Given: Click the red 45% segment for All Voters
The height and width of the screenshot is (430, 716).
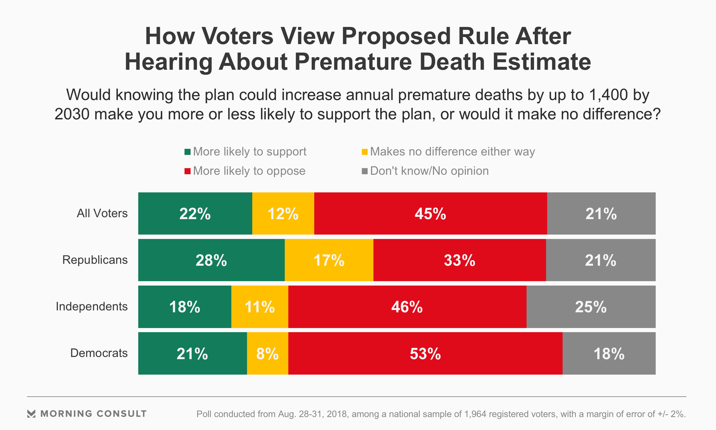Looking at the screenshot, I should pos(430,214).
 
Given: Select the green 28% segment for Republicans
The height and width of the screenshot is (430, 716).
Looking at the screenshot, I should pos(211,260).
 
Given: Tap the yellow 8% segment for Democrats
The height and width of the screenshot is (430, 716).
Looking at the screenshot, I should pos(267,353).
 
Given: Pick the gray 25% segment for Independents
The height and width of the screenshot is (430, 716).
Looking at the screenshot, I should pos(591,307).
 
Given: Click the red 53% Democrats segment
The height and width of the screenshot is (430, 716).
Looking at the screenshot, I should pos(425,353).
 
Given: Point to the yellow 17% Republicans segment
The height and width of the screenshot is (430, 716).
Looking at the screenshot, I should pos(329,260).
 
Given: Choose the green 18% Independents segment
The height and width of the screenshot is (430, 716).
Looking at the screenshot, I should pos(185,307).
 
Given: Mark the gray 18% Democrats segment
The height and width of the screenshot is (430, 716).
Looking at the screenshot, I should pos(609,353).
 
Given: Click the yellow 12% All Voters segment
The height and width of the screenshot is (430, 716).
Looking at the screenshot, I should pos(283,214).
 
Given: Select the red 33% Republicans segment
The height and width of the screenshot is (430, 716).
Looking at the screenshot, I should pos(459,260).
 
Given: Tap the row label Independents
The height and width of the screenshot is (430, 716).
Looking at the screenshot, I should pos(92,306).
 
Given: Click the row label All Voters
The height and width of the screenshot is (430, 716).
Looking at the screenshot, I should pos(102,213).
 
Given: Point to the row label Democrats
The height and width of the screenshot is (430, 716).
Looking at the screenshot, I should pos(99,353).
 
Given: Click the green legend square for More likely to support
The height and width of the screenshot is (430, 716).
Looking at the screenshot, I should pos(188,152).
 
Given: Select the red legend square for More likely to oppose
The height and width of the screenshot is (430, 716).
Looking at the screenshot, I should pos(188,171).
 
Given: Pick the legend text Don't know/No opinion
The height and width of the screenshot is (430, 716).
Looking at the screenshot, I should pos(429,171).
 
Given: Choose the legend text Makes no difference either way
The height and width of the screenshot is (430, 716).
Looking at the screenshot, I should pos(452,152).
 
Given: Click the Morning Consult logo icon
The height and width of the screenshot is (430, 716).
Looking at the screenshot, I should pos(31,414).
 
